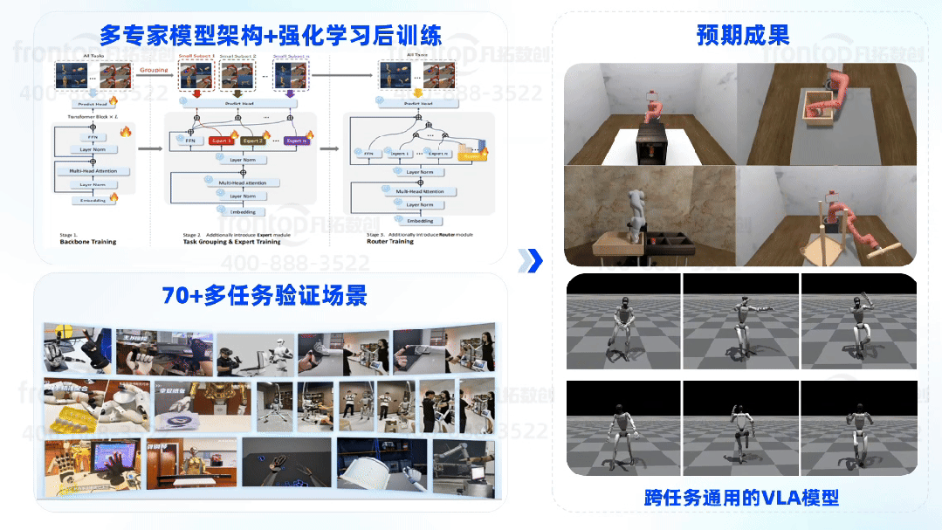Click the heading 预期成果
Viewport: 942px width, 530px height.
click(743, 35)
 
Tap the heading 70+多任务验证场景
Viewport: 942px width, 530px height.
click(265, 295)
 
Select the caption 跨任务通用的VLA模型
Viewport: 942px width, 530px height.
click(741, 498)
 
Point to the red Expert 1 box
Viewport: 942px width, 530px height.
click(222, 140)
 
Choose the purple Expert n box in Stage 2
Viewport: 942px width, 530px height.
click(296, 140)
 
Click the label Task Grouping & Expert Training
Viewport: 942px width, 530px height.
click(231, 242)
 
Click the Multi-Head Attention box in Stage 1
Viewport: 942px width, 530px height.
click(93, 171)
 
